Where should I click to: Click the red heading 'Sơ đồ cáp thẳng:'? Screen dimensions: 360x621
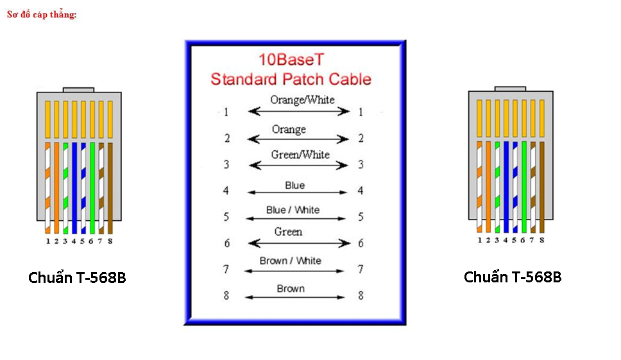42,14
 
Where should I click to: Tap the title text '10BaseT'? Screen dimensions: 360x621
292,60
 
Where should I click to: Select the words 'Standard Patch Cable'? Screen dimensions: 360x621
291,80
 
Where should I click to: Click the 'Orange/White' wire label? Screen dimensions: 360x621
302,99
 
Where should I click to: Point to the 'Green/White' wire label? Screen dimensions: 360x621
300,155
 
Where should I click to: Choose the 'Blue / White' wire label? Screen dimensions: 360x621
293,210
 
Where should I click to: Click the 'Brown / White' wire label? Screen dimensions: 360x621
291,261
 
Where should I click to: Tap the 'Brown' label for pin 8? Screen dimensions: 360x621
291,289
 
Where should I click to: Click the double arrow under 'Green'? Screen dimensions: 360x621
299,243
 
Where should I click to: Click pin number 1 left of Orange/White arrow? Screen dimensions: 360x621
226,112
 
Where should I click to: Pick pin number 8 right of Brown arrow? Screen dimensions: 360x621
361,296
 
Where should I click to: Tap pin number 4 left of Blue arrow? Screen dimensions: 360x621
226,191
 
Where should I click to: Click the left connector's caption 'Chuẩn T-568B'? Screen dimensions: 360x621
77,278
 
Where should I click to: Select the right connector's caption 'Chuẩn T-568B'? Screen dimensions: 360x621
513,277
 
